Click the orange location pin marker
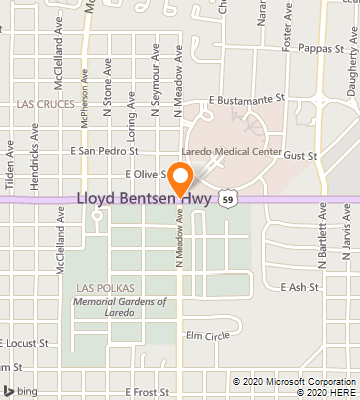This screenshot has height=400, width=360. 180,179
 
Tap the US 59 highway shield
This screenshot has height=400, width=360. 228,200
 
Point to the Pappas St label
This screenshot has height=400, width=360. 321,47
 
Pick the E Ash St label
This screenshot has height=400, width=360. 299,287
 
